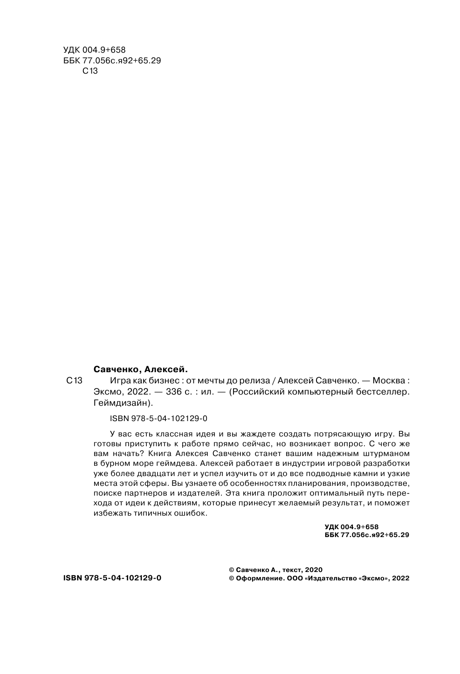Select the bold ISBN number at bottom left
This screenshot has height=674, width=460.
[x=112, y=578]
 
